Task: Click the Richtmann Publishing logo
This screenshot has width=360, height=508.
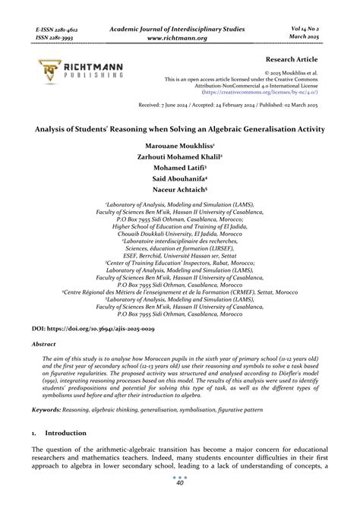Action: (77, 71)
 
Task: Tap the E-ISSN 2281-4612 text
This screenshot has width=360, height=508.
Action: (56, 29)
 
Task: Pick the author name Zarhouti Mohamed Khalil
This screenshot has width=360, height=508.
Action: (179, 156)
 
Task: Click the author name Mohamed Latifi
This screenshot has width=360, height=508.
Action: (179, 167)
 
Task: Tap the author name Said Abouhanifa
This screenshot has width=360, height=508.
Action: (179, 179)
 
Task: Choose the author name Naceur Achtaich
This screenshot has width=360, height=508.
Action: (179, 191)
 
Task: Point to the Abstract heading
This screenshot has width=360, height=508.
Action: (43, 344)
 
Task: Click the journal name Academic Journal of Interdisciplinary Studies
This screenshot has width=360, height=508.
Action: (180, 27)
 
